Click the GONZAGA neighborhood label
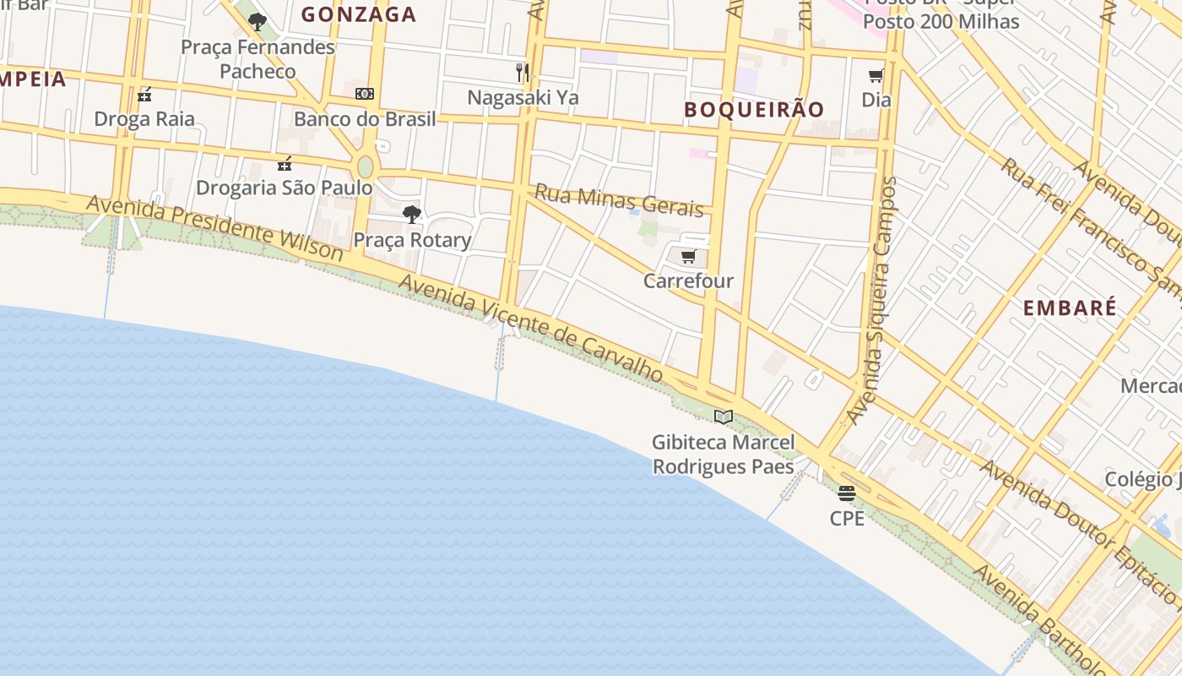tap(359, 14)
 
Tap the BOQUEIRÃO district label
tap(753, 109)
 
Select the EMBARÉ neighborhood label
tap(1070, 308)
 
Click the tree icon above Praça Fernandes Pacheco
tap(258, 22)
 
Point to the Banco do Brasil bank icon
tap(365, 94)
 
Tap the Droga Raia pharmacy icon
tap(144, 94)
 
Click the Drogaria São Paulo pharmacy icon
tap(285, 163)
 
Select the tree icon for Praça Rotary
tap(411, 215)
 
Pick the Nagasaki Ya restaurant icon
tap(523, 73)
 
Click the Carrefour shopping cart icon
tap(688, 257)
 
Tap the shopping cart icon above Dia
tap(876, 76)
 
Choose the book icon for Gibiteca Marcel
tap(723, 417)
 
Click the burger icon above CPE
tap(847, 493)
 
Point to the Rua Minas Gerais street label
tap(619, 201)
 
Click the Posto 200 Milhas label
tap(941, 21)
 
